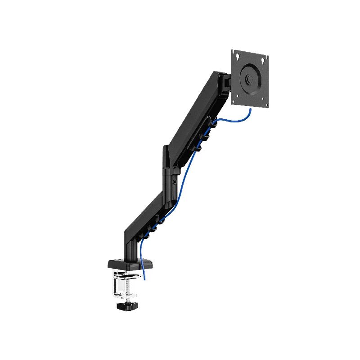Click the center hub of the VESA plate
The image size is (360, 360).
(249, 77)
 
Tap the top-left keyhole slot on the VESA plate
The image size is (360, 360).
(237, 56)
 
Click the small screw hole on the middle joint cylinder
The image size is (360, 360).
(175, 182)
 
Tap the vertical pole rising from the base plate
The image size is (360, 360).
(128, 245)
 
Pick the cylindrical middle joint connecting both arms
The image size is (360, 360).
(170, 180)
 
